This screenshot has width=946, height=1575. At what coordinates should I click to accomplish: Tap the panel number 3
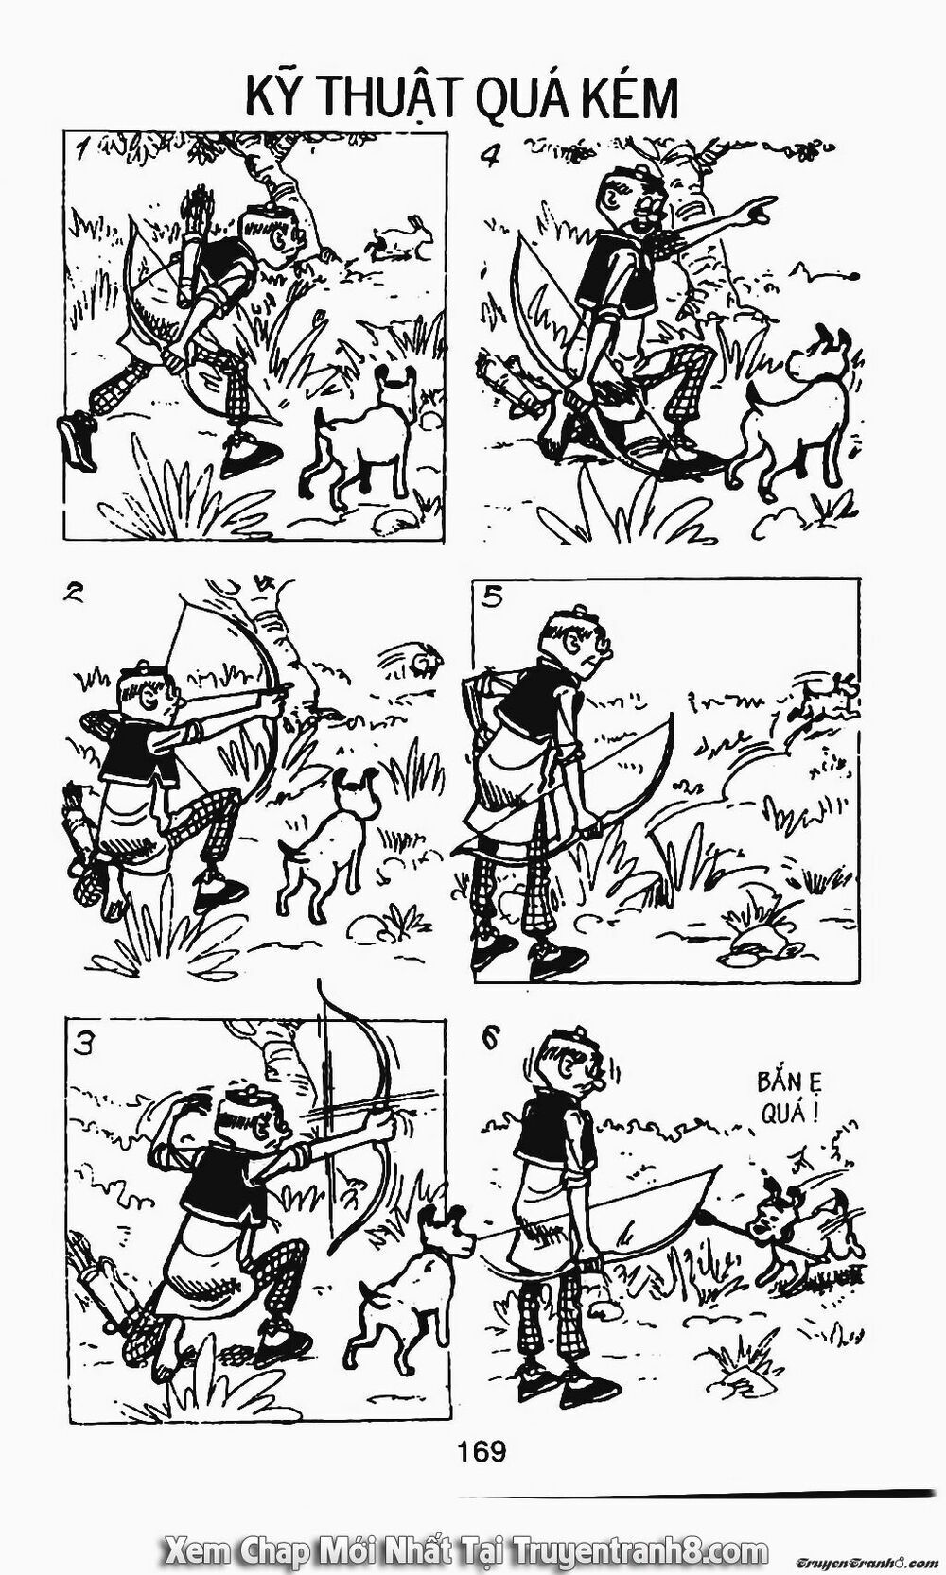pyautogui.click(x=86, y=1045)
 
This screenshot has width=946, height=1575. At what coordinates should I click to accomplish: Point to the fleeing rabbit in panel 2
pyautogui.click(x=421, y=658)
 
